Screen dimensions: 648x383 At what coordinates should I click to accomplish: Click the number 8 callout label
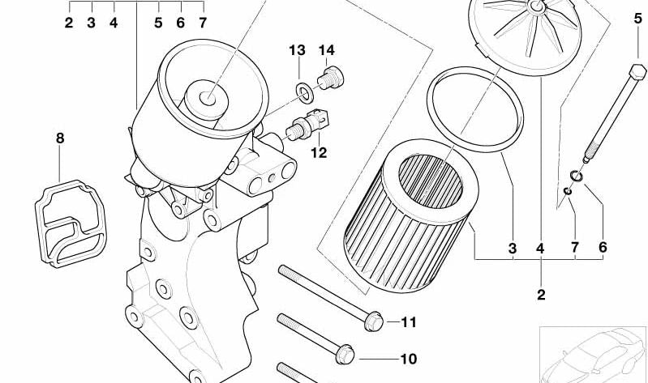(x=60, y=138)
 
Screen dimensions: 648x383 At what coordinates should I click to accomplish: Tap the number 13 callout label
(x=297, y=50)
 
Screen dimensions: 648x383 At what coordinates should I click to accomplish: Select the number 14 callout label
(x=326, y=50)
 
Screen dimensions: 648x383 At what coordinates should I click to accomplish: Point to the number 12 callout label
(x=319, y=153)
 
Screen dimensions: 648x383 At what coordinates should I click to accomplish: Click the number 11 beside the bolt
(x=409, y=322)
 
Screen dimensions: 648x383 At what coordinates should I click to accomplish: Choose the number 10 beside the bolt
(x=409, y=359)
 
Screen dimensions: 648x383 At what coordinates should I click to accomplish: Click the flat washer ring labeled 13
(x=305, y=92)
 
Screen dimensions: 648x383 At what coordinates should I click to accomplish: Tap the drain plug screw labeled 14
(x=331, y=78)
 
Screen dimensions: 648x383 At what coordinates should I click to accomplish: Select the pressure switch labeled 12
(x=310, y=124)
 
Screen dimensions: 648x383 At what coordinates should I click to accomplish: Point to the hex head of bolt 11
(x=374, y=321)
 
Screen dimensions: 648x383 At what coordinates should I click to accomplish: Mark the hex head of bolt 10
(x=345, y=354)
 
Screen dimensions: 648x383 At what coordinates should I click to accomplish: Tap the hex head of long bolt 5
(x=637, y=72)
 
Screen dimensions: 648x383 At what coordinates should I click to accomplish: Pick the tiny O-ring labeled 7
(x=568, y=191)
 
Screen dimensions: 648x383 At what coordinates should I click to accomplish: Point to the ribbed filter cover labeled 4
(x=526, y=37)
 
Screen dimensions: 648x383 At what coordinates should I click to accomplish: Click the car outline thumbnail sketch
(x=594, y=355)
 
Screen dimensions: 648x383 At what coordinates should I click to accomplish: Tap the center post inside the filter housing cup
(x=206, y=99)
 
